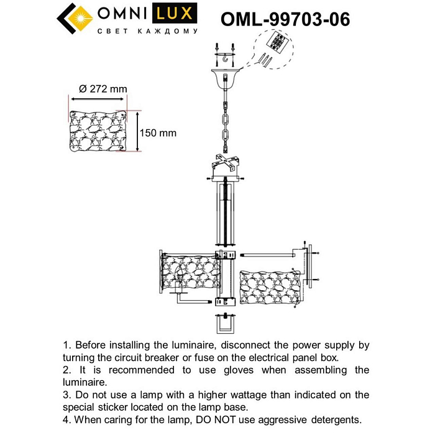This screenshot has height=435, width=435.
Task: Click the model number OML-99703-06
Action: (285, 19)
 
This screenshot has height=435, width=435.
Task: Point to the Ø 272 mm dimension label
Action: (99, 89)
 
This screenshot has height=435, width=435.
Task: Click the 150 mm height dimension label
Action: (158, 133)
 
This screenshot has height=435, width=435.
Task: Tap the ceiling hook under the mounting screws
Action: (223, 60)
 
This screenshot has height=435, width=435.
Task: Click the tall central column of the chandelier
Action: (224, 214)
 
